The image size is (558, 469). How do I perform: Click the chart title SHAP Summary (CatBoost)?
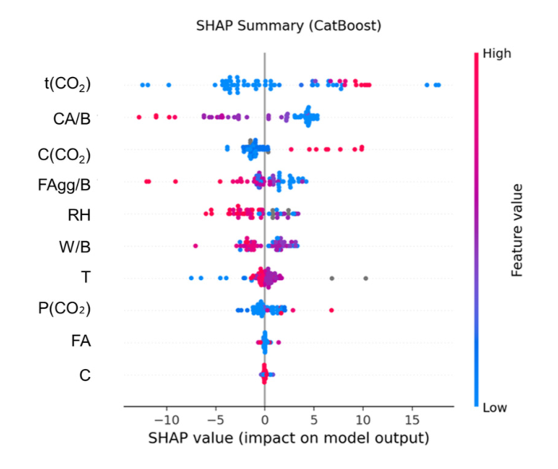tap(289, 25)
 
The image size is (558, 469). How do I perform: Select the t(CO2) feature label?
tap(67, 84)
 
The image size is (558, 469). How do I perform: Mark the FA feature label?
tap(80, 341)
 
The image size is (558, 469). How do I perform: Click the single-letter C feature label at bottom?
tap(85, 374)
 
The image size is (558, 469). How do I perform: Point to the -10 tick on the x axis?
tap(166, 419)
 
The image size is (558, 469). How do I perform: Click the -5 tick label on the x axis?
tap(215, 419)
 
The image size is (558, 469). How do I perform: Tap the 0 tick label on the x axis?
tap(265, 419)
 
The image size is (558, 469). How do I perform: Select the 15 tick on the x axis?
tap(413, 419)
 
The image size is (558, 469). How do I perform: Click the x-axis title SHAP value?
tap(289, 438)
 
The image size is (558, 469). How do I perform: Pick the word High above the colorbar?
tap(497, 54)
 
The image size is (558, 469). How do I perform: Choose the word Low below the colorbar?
tap(494, 407)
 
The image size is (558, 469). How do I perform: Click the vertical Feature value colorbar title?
tap(517, 230)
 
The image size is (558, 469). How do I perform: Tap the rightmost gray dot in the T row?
tap(366, 278)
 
